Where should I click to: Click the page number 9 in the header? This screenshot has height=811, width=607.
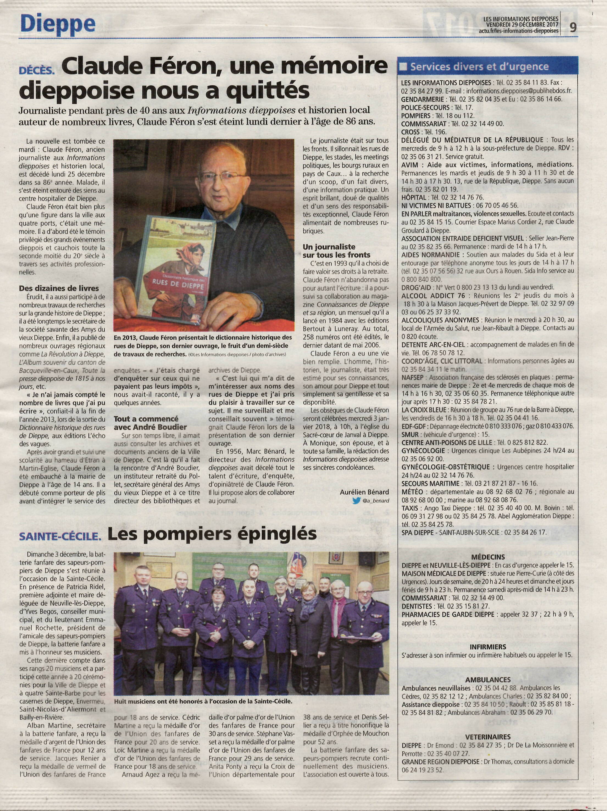pos(573,28)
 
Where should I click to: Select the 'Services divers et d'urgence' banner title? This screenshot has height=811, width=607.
pos(479,67)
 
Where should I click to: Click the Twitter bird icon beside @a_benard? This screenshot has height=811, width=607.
pos(356,500)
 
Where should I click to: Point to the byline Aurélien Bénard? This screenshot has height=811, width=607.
pos(364,492)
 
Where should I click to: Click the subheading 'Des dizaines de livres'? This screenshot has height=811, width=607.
pos(59,288)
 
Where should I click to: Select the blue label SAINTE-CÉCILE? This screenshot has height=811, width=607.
pos(60,537)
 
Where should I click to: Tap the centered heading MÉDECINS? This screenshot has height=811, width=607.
pos(488,557)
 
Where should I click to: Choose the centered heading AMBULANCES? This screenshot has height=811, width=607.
pos(488,679)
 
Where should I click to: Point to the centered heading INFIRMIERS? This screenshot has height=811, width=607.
pos(488,646)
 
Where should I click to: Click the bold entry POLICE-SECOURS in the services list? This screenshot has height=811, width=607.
pos(425,107)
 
